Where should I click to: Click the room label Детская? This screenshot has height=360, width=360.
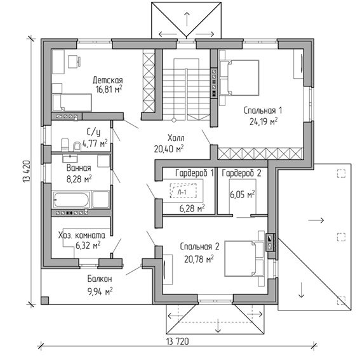pos(108,81)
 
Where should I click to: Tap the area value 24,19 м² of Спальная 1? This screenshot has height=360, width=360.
pos(263,121)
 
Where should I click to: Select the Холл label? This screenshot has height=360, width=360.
pos(176,138)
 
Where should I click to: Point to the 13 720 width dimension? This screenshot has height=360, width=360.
pos(178,342)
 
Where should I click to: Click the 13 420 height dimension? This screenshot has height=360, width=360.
pos(27,171)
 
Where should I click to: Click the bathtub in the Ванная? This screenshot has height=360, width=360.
pos(71,199)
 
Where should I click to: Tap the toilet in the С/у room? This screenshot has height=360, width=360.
pos(65,145)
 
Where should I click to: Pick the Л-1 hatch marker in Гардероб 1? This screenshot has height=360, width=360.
pos(183,190)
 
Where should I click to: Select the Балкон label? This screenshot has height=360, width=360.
pos(100,279)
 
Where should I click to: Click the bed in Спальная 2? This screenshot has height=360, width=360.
pos(244,259)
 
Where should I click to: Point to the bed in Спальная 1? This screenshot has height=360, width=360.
pos(239,77)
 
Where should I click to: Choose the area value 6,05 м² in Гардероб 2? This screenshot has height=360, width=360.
pos(243,195)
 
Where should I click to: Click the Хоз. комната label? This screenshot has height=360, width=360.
pos(81,236)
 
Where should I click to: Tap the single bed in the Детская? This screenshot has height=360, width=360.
pos(72,102)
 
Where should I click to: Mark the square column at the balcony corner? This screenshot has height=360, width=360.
pos(45,300)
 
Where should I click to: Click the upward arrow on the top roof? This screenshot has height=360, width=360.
pos(187,19)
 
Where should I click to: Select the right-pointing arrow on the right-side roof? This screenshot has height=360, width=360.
pos(316,220)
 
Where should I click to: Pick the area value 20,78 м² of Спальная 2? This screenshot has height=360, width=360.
pos(199,259)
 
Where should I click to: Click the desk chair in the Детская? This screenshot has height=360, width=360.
pos(74,62)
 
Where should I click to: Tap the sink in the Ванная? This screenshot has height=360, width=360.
pos(70,158)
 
